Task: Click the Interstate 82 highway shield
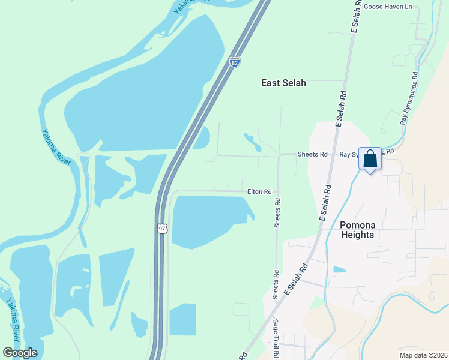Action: coord(234,62)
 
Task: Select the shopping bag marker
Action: coord(370,160)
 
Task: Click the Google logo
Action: coord(20,353)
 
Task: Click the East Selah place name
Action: coord(283,83)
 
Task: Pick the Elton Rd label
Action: coord(259,192)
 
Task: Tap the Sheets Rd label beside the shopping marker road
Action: coord(312,154)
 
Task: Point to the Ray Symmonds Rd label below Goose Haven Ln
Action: coord(409,99)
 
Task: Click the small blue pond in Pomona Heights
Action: coord(339,269)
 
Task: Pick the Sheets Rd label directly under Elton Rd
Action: coord(277,214)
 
